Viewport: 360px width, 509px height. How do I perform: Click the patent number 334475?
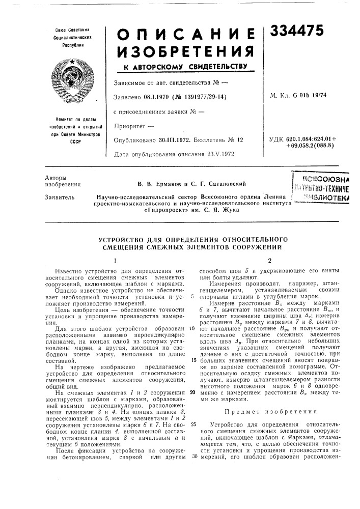click(297, 32)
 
